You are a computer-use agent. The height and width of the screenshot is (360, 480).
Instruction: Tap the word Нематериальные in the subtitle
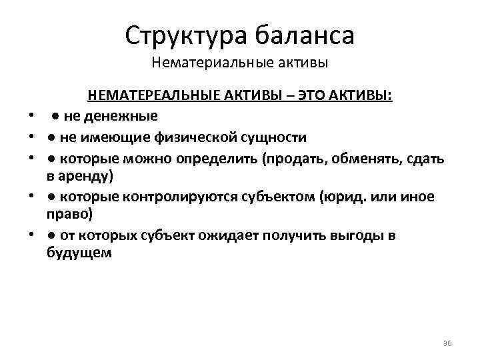coord(199,64)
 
